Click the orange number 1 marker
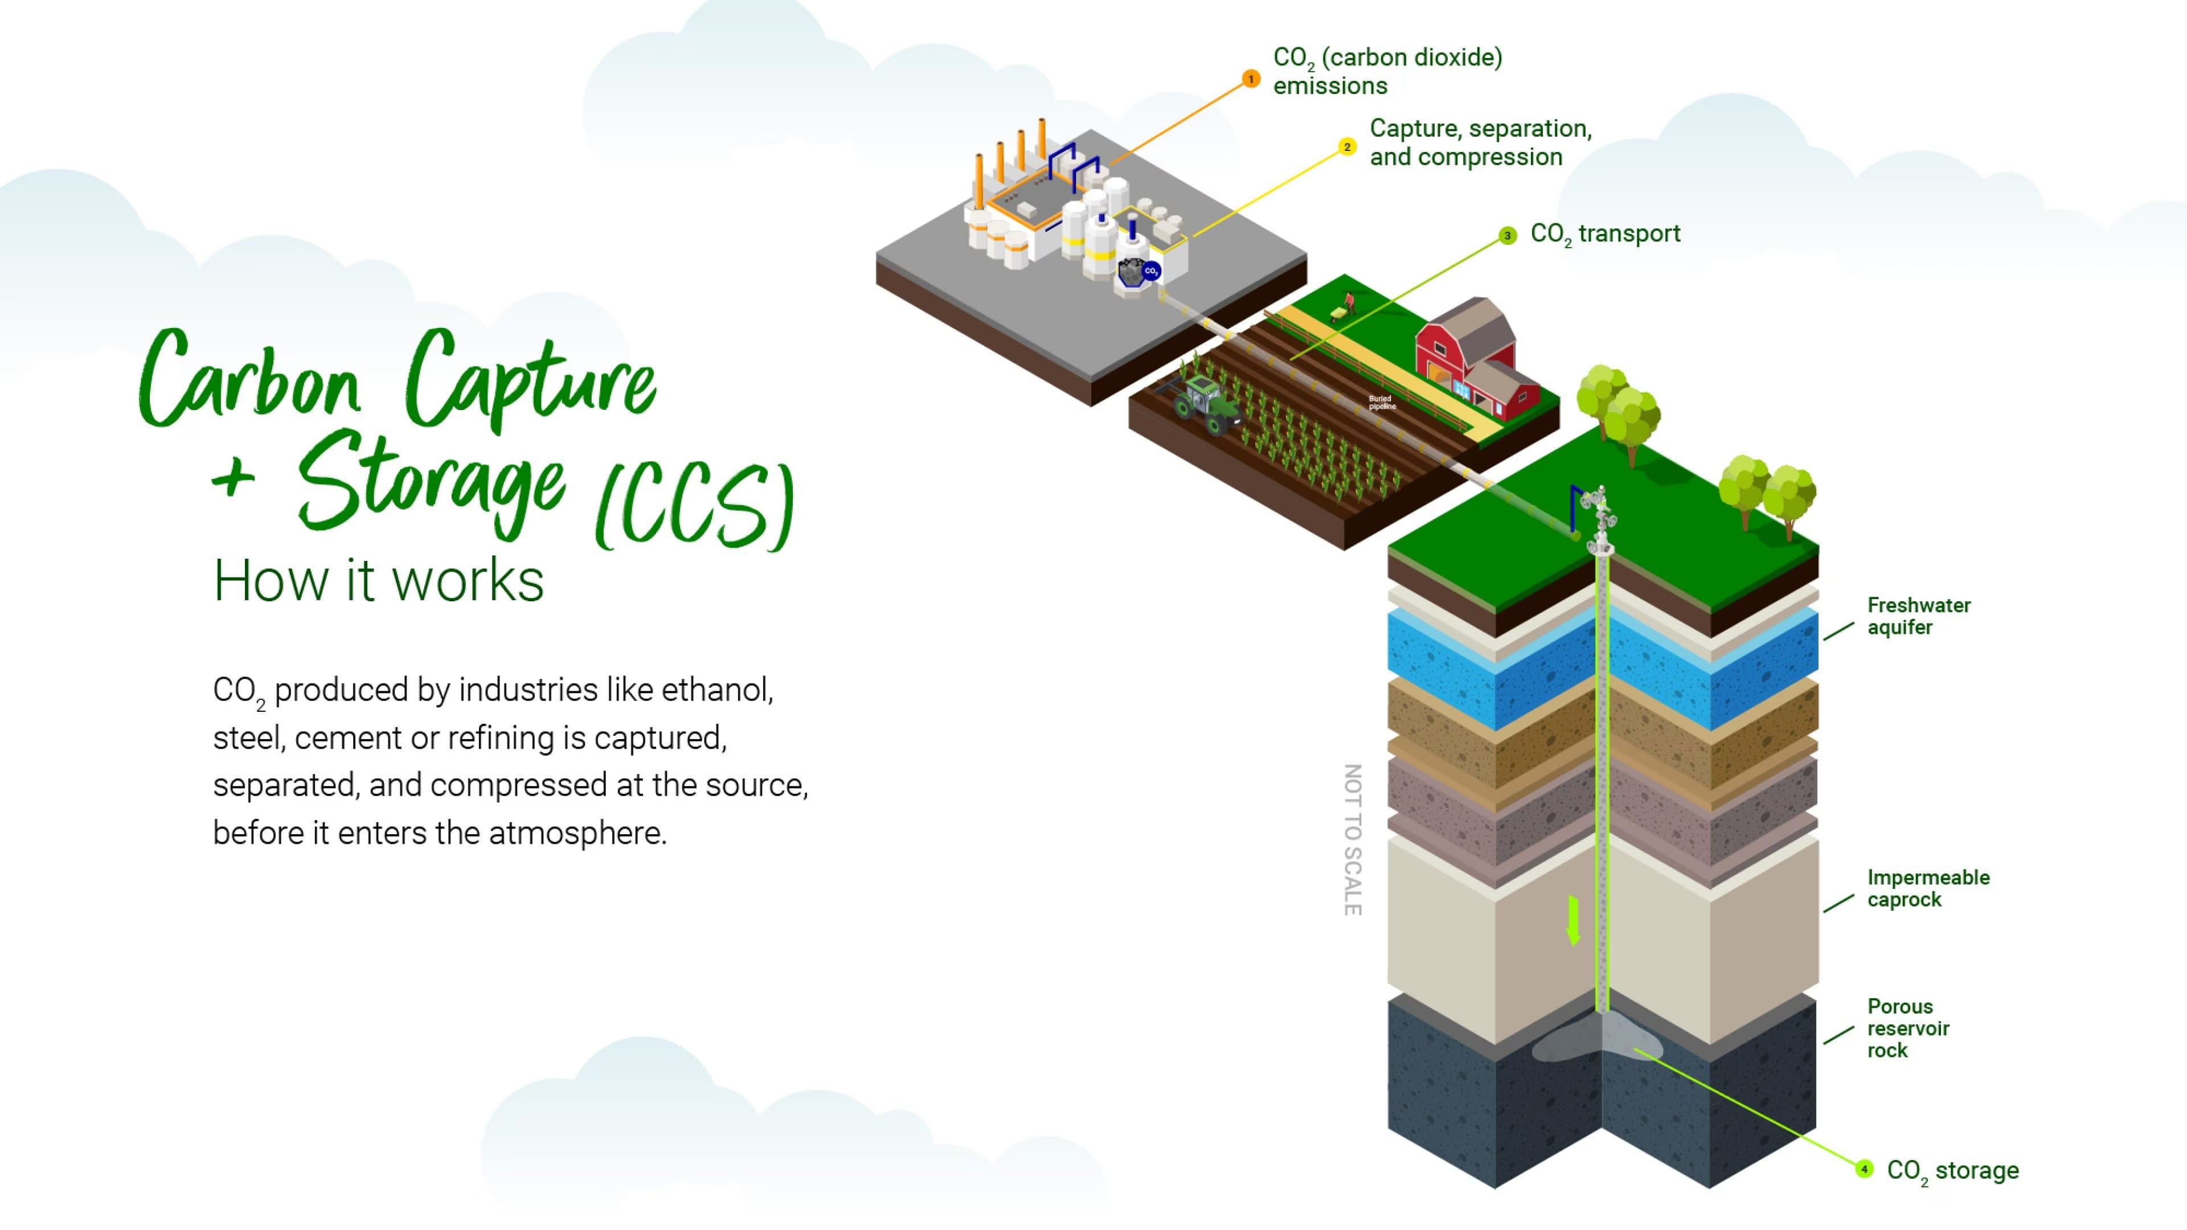[1251, 79]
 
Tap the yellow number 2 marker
[1346, 147]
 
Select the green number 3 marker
[1507, 235]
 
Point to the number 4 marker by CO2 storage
[1864, 1169]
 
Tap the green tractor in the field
[1206, 405]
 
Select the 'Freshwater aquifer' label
[1918, 616]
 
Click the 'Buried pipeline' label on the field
[1381, 403]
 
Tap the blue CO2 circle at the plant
[1151, 271]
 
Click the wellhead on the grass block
[1599, 522]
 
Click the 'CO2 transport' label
[1604, 234]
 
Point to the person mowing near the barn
[1346, 305]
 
